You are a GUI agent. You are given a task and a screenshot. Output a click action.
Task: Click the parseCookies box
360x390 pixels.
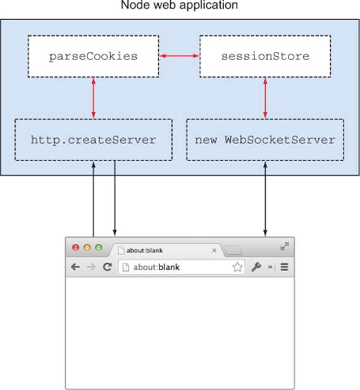click(94, 56)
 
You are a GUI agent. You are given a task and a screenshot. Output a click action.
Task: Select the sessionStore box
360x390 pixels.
click(265, 56)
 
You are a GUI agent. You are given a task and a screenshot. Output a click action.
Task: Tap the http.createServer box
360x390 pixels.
click(94, 140)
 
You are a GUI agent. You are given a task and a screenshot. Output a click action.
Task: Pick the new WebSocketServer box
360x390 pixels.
click(265, 140)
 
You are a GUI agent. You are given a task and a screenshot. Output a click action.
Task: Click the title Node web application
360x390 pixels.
click(179, 5)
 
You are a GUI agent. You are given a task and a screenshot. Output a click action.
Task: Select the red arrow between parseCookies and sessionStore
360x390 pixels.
click(179, 56)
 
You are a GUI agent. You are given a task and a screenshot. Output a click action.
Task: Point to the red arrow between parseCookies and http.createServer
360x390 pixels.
click(94, 98)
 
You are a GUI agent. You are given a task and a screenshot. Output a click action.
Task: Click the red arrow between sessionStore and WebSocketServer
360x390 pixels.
click(265, 98)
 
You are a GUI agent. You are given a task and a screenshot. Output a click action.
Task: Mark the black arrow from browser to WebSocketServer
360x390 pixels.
click(265, 198)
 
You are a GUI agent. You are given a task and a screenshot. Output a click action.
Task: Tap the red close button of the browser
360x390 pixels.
click(76, 248)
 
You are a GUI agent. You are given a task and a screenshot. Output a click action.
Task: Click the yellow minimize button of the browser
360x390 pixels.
click(87, 248)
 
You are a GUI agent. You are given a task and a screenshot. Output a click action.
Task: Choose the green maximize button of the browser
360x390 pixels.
click(99, 248)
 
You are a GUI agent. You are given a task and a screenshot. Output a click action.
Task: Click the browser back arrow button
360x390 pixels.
click(75, 267)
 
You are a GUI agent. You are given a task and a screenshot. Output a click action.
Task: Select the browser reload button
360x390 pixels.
click(108, 267)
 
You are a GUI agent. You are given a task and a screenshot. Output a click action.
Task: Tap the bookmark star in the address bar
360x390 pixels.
click(237, 267)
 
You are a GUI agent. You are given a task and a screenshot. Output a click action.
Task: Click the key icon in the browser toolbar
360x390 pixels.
click(256, 267)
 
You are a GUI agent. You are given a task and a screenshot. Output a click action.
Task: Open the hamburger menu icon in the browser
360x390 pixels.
click(284, 267)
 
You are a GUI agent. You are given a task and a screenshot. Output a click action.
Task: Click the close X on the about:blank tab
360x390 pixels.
click(214, 250)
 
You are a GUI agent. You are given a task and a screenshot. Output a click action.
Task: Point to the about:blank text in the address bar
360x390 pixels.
click(156, 267)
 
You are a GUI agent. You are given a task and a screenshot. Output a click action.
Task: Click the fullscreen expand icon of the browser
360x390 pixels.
click(284, 247)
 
